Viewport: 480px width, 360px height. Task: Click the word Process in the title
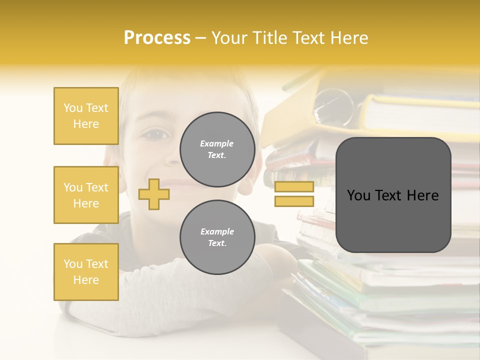(157, 38)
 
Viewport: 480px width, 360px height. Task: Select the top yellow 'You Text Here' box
(86, 116)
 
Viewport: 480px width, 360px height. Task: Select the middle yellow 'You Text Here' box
(86, 195)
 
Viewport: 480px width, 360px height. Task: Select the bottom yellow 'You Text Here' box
(86, 272)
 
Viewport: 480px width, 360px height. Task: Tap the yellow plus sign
(153, 194)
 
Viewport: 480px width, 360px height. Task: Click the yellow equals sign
(294, 194)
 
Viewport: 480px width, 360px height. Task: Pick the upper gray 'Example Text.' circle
(217, 149)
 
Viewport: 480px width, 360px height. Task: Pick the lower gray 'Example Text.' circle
(217, 237)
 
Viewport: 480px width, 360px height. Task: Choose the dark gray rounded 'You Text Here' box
(393, 195)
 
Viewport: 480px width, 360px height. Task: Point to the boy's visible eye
(156, 134)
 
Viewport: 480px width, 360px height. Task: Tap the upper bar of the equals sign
(294, 187)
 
